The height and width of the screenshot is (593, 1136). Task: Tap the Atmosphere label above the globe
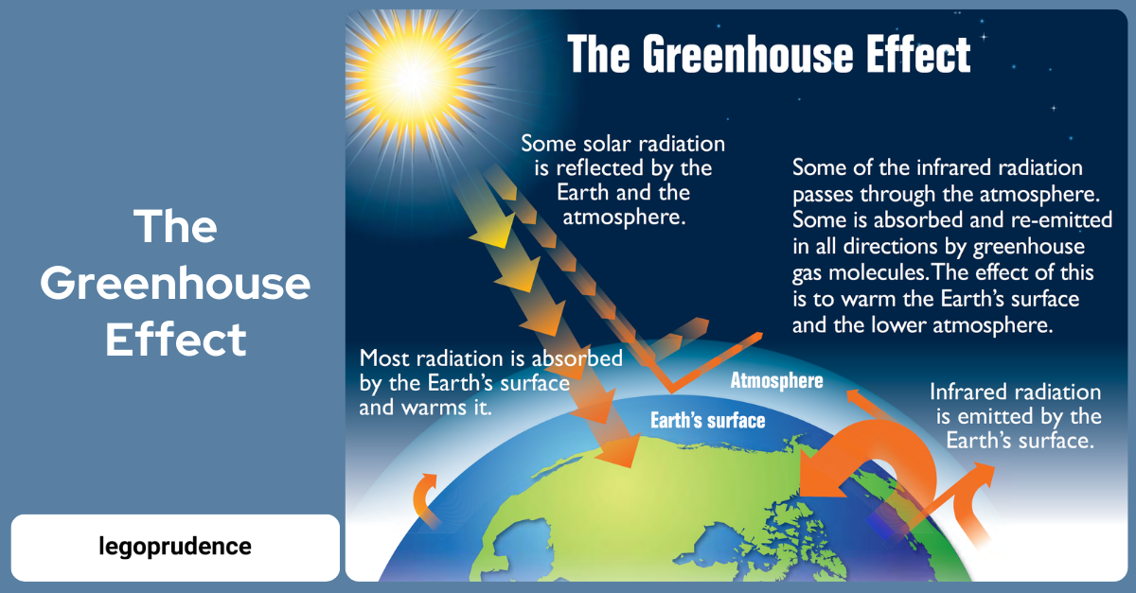[x=776, y=380]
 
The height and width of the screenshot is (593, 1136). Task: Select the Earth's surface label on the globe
[x=707, y=420]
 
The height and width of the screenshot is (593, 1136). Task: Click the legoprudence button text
[x=175, y=547]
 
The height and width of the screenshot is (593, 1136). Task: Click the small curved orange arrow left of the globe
[x=422, y=499]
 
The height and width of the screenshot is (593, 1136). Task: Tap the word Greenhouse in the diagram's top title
[x=748, y=55]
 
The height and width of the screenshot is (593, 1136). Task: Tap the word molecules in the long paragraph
[x=878, y=272]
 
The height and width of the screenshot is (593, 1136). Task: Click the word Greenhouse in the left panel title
[x=175, y=284]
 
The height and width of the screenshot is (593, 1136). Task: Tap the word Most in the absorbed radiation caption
[x=384, y=358]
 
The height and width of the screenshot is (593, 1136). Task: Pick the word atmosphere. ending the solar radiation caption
[x=624, y=217]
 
